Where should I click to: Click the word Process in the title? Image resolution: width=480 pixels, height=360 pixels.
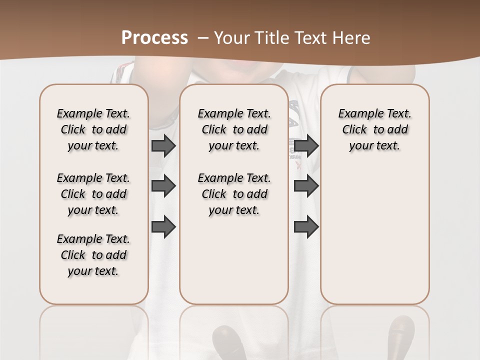pyautogui.click(x=154, y=37)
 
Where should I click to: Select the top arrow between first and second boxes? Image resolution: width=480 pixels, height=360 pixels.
pyautogui.click(x=163, y=145)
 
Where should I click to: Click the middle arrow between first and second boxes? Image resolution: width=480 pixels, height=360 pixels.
pyautogui.click(x=163, y=186)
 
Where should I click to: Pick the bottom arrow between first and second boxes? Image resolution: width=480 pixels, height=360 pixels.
pyautogui.click(x=163, y=227)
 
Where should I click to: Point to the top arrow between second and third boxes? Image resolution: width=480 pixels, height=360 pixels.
pyautogui.click(x=306, y=145)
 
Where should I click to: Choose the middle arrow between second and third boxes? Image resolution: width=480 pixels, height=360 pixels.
pyautogui.click(x=306, y=186)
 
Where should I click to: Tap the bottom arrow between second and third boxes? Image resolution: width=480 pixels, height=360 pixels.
pyautogui.click(x=306, y=227)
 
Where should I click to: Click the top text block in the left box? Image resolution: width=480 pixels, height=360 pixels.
pyautogui.click(x=93, y=129)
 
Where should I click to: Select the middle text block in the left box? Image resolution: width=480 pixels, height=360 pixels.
pyautogui.click(x=93, y=194)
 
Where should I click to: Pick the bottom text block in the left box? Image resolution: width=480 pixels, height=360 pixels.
pyautogui.click(x=93, y=255)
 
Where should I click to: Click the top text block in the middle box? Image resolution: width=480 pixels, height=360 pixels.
pyautogui.click(x=234, y=129)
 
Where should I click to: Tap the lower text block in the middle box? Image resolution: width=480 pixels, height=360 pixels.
pyautogui.click(x=234, y=194)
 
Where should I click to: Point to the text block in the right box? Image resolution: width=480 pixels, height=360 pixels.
pyautogui.click(x=375, y=129)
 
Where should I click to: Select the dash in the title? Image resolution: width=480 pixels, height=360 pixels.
pyautogui.click(x=202, y=37)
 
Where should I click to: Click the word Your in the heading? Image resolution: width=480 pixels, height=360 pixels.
pyautogui.click(x=232, y=37)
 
